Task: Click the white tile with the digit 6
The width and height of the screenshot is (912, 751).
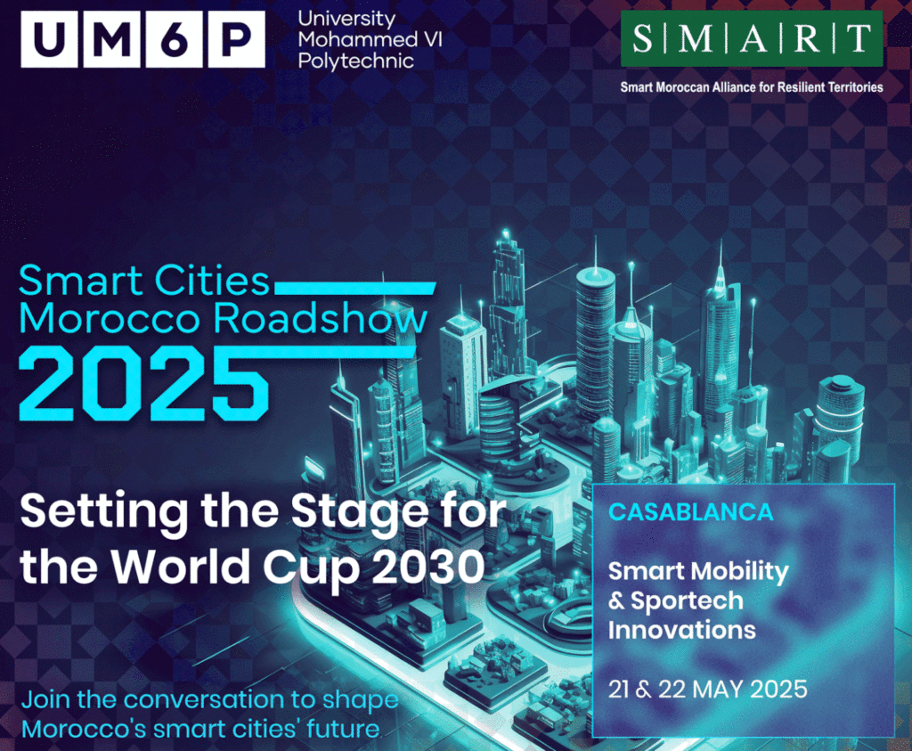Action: [x=174, y=39]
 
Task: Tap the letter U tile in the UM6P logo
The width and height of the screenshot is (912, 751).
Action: [x=50, y=39]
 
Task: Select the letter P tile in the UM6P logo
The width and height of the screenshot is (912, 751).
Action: [x=236, y=39]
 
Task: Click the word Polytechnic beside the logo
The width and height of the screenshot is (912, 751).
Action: [x=356, y=61]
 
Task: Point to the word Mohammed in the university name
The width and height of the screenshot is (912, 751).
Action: [x=357, y=39]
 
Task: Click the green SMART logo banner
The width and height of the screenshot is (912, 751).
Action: [x=752, y=38]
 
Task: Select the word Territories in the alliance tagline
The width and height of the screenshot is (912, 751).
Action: [x=858, y=87]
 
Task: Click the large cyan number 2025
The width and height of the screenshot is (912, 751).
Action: [x=144, y=384]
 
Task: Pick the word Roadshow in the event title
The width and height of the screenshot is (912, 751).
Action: [x=320, y=319]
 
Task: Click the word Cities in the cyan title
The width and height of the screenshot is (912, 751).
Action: [x=212, y=281]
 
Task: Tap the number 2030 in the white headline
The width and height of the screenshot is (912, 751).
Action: [x=428, y=566]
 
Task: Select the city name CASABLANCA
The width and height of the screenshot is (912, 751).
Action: [x=691, y=512]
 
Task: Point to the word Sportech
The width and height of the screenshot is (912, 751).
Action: [x=687, y=601]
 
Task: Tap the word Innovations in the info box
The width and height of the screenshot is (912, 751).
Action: [x=681, y=630]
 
